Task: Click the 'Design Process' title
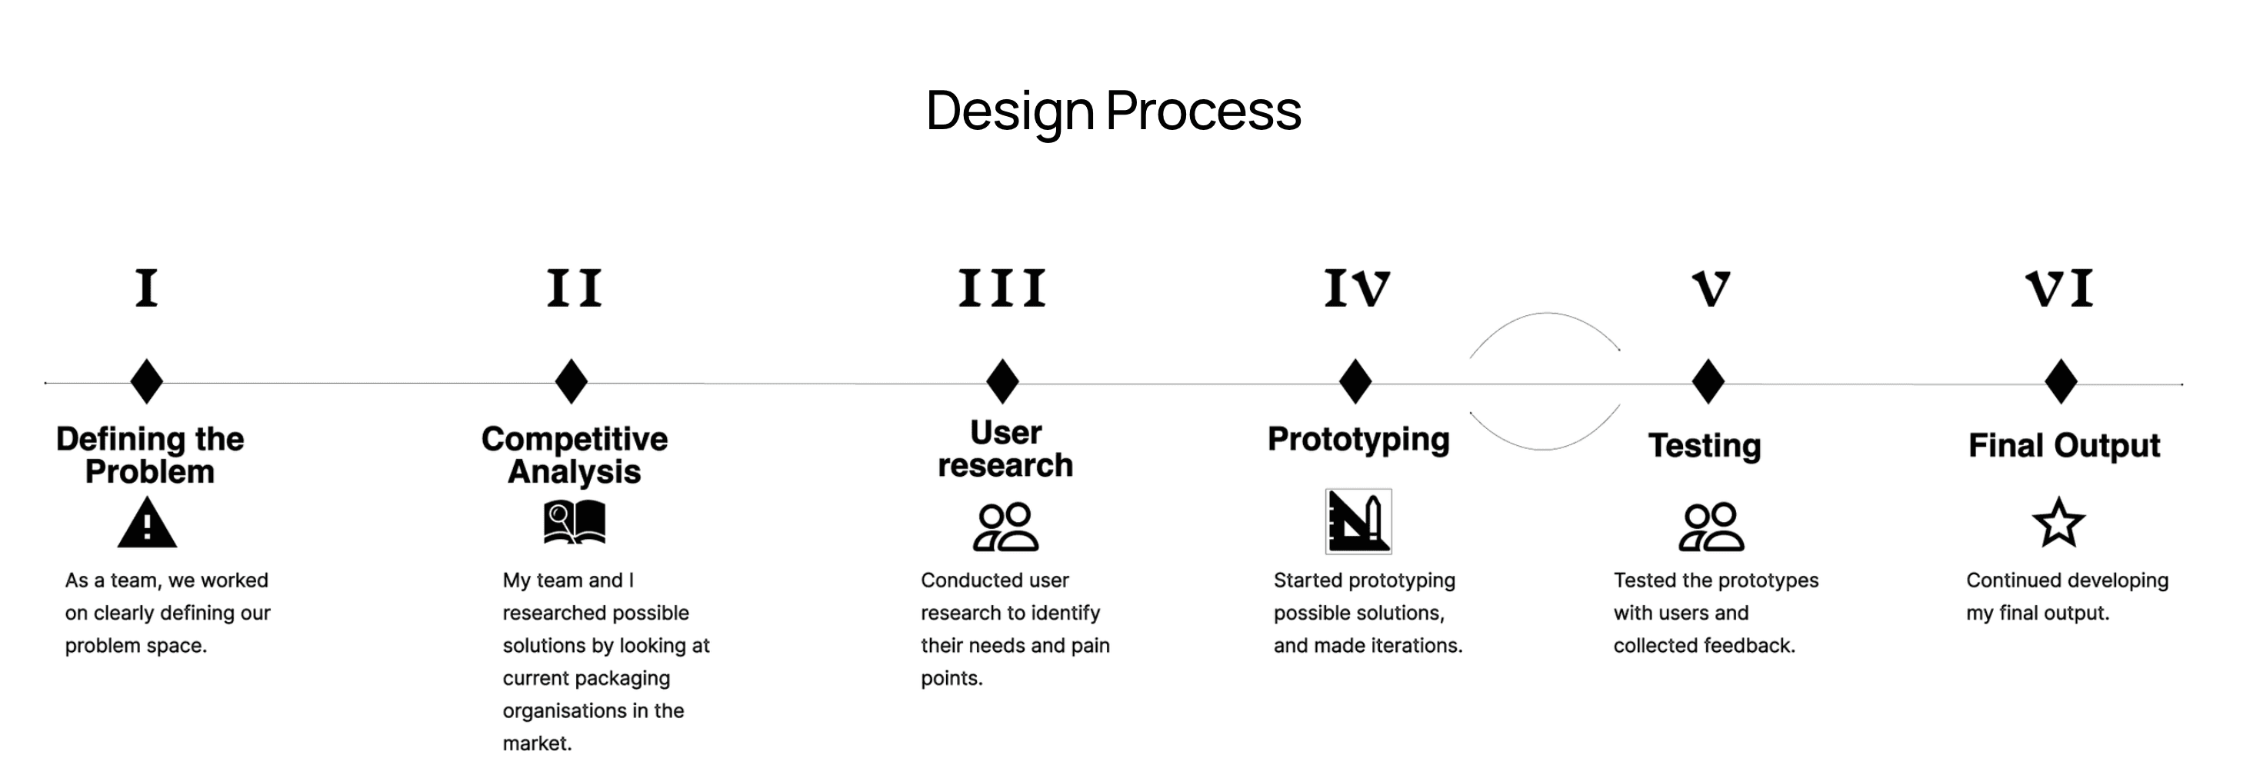point(1113,111)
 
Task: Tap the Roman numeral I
point(146,288)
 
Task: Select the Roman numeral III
point(1002,288)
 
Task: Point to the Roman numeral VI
point(2059,288)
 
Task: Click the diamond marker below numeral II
point(572,381)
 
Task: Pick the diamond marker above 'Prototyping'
point(1355,381)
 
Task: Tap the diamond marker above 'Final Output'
point(2060,381)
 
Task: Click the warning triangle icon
point(147,524)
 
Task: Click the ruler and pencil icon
point(1358,521)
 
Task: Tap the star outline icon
point(2058,523)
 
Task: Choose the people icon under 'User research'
point(1005,527)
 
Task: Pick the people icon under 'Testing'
point(1711,527)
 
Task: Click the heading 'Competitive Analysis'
point(575,454)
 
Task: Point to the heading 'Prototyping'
point(1358,439)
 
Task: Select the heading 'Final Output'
point(2064,445)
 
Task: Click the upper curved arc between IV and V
point(1545,315)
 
